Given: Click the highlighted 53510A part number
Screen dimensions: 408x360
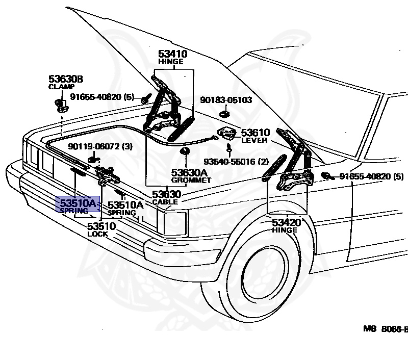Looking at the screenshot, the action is click(78, 202).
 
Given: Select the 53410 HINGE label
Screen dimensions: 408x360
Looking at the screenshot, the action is click(172, 57).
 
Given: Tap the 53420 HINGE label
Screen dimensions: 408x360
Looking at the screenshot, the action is click(286, 225).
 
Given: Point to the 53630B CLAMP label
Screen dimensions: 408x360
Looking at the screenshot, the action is click(66, 82).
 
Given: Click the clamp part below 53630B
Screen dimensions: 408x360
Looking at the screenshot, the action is click(62, 106).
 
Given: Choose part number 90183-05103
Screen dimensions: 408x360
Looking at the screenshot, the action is click(226, 100).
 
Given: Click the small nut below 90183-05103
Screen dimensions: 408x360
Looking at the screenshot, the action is click(224, 114).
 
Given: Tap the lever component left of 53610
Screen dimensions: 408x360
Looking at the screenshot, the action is click(226, 133).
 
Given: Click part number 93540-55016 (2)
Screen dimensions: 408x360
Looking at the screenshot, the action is click(236, 162).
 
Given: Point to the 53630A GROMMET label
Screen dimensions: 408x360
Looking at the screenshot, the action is click(191, 175).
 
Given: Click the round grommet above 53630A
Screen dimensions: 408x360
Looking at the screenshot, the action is click(185, 151).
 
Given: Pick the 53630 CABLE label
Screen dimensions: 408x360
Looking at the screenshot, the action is click(166, 197).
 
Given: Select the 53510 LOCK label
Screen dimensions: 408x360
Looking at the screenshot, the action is click(101, 229).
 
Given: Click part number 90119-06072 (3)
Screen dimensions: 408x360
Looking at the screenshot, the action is click(100, 146).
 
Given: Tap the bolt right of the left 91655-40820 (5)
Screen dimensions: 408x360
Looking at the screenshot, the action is click(146, 99).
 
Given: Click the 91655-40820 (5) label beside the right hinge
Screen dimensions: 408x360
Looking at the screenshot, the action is click(372, 176).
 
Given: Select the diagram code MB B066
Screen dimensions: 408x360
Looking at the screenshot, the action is click(386, 329).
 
